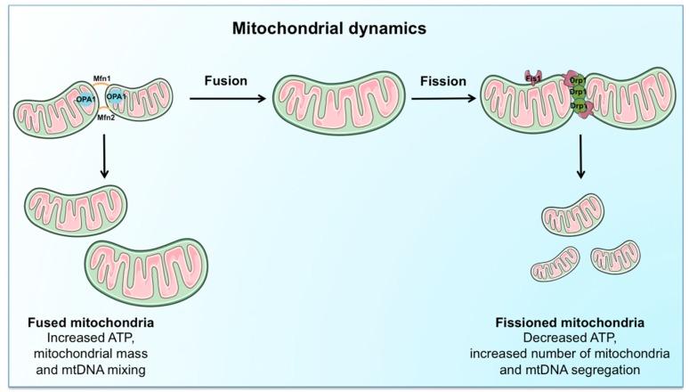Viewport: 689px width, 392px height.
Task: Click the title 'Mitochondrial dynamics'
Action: coord(328,28)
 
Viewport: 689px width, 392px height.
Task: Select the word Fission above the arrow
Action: coord(443,81)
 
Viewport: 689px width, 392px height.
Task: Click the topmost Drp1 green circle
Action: coord(576,80)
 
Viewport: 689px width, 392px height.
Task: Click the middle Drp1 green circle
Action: coord(577,93)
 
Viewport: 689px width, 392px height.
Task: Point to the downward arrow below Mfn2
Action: coord(107,155)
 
